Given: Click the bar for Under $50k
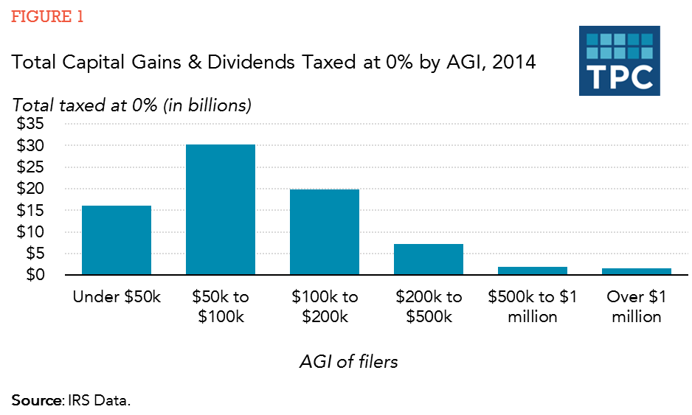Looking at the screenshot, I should pyautogui.click(x=117, y=240).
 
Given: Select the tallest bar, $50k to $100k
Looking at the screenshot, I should pyautogui.click(x=221, y=210).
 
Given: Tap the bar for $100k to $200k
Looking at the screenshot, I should pyautogui.click(x=325, y=232).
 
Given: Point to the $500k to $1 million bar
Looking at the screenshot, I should pyautogui.click(x=533, y=271).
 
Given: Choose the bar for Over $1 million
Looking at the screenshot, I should pyautogui.click(x=637, y=271).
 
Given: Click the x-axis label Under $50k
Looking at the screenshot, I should pyautogui.click(x=117, y=297).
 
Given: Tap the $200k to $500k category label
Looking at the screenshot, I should pyautogui.click(x=429, y=307).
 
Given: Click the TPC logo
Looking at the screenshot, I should pyautogui.click(x=620, y=60).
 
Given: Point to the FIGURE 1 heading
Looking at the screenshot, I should pyautogui.click(x=47, y=17).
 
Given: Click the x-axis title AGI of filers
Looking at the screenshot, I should pyautogui.click(x=349, y=362).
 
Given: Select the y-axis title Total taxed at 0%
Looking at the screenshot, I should pyautogui.click(x=132, y=105).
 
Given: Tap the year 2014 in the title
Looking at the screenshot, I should pyautogui.click(x=513, y=63).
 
